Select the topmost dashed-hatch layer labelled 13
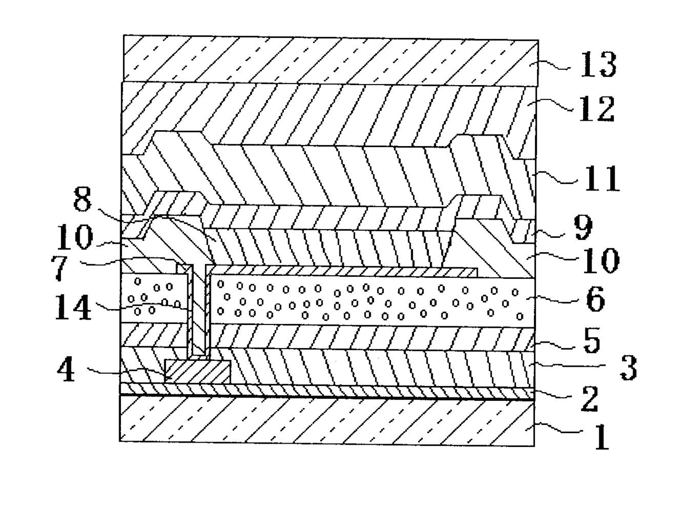pyautogui.click(x=330, y=60)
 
